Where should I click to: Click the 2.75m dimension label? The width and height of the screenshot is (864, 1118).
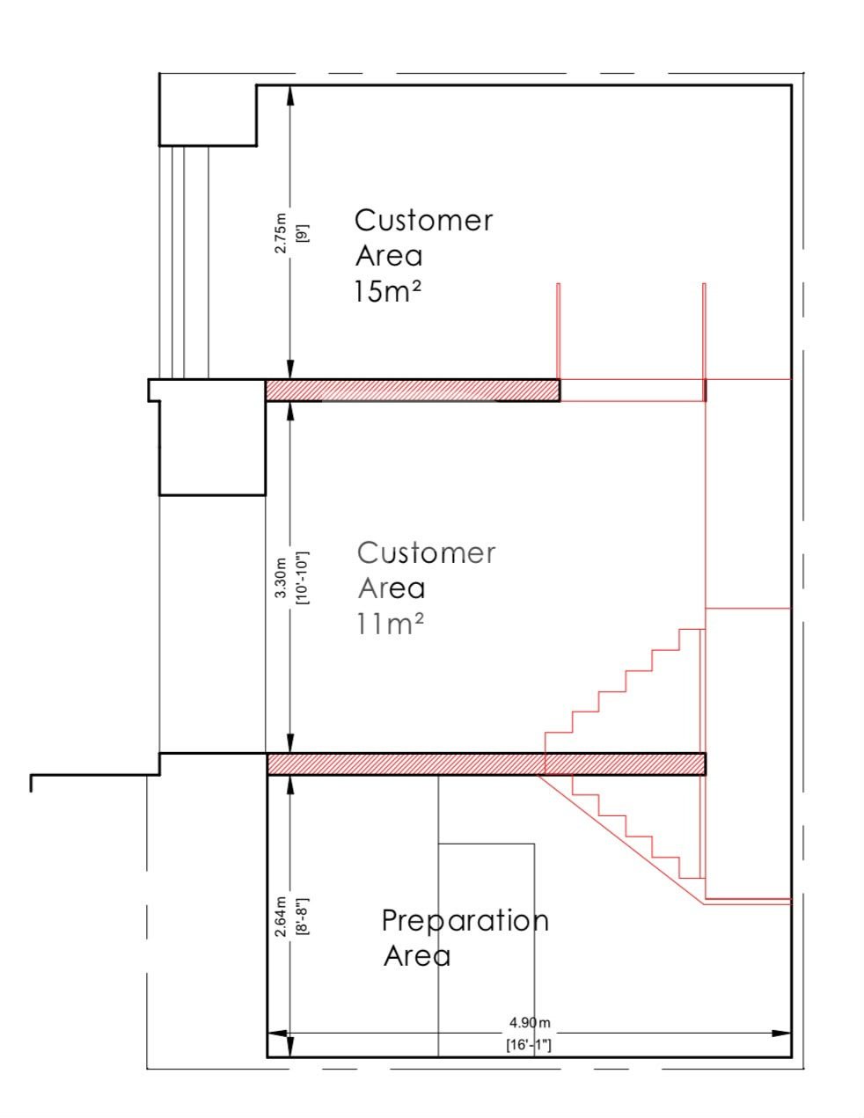(x=281, y=232)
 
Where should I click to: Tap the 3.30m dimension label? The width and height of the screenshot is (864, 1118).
(x=281, y=578)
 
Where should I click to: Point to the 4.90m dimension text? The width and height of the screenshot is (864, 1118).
(x=530, y=1022)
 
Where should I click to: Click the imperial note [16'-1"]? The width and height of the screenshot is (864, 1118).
(x=529, y=1045)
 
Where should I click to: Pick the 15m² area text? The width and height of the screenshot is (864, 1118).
(x=388, y=291)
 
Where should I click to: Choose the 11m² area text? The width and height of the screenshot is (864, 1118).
(x=391, y=624)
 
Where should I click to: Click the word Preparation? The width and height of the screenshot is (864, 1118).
(x=465, y=920)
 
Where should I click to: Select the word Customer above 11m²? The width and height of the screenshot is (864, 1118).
(x=426, y=553)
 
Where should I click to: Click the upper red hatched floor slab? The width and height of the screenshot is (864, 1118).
(x=413, y=391)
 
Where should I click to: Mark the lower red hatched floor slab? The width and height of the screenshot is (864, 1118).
(x=487, y=764)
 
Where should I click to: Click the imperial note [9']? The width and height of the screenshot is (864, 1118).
(x=303, y=233)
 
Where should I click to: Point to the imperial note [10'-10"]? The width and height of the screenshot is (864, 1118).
(x=303, y=578)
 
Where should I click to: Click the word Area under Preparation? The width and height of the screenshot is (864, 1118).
(x=417, y=956)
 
